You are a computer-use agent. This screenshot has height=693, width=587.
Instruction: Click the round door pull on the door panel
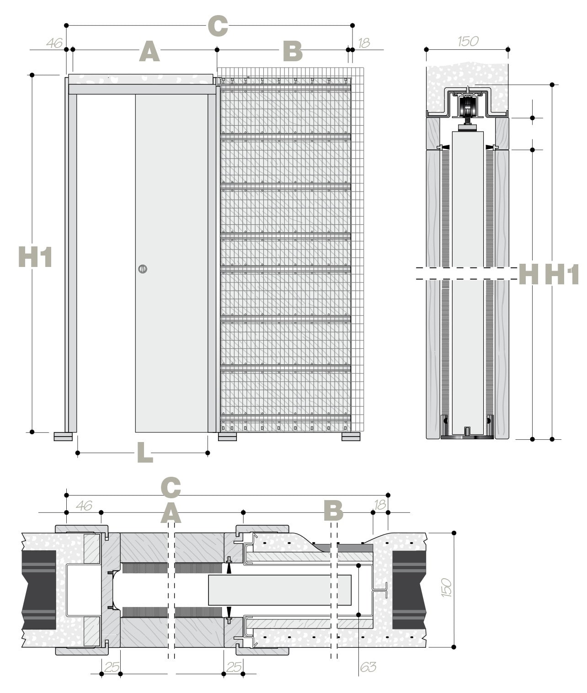143,269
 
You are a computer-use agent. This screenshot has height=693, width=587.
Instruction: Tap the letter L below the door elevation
145,452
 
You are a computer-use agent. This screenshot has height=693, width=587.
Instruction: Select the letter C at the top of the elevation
218,26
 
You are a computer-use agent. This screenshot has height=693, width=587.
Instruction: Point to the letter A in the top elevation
149,51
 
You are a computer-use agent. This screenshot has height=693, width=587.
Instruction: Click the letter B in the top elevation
293,51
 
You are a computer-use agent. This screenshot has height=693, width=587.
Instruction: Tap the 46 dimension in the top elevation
54,43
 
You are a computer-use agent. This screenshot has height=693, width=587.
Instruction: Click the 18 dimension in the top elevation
364,43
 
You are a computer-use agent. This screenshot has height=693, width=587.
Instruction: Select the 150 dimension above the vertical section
468,41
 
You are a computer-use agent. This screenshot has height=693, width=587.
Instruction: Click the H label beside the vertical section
528,274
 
